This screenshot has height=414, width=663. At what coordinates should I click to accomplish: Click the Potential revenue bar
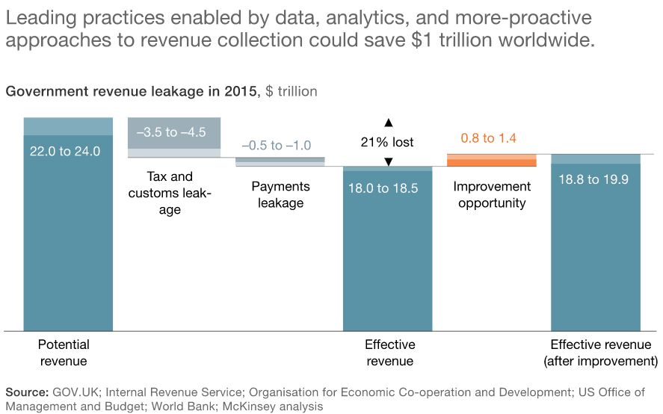pyautogui.click(x=68, y=239)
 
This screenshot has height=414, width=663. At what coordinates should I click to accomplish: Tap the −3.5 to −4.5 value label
pyautogui.click(x=171, y=132)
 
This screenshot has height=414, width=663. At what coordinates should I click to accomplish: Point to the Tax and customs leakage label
pyautogui.click(x=170, y=194)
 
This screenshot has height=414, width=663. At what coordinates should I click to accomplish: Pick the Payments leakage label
pyautogui.click(x=280, y=194)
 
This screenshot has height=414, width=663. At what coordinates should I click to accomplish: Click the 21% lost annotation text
pyautogui.click(x=387, y=142)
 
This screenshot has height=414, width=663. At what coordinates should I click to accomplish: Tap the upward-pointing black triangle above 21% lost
pyautogui.click(x=388, y=122)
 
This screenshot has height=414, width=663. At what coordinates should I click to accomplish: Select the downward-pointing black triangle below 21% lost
pyautogui.click(x=388, y=161)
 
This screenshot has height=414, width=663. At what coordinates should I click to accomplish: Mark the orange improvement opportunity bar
pyautogui.click(x=491, y=161)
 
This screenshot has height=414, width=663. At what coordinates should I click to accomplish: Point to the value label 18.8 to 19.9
pyautogui.click(x=595, y=179)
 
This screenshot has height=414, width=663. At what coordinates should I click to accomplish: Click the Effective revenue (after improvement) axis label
pyautogui.click(x=600, y=353)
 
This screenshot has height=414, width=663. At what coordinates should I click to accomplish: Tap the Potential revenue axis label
pyautogui.click(x=64, y=353)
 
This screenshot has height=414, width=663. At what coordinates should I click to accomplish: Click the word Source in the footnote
pyautogui.click(x=26, y=392)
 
